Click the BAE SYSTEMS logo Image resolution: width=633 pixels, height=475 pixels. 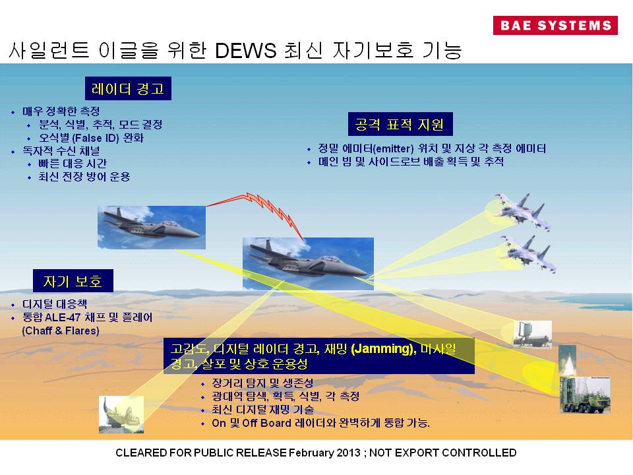click(x=555, y=25)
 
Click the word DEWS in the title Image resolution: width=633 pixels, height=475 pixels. click(x=245, y=51)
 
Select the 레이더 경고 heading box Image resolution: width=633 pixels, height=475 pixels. click(x=128, y=88)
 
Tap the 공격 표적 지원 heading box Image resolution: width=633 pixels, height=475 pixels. click(x=400, y=124)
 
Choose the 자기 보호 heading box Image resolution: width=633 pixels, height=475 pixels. click(x=73, y=281)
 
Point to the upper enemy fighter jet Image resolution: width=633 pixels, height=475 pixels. click(x=522, y=211)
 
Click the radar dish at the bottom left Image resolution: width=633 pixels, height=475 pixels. click(x=121, y=414)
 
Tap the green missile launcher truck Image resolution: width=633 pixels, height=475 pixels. click(x=585, y=395)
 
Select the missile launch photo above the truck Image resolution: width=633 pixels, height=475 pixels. click(x=567, y=360)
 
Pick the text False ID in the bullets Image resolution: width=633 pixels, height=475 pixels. click(x=96, y=138)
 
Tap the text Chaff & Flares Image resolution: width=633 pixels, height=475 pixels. click(x=61, y=331)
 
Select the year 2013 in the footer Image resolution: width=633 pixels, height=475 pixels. click(x=349, y=453)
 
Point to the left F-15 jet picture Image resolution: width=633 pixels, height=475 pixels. click(x=152, y=228)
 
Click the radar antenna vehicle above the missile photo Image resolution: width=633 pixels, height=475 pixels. click(x=533, y=334)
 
